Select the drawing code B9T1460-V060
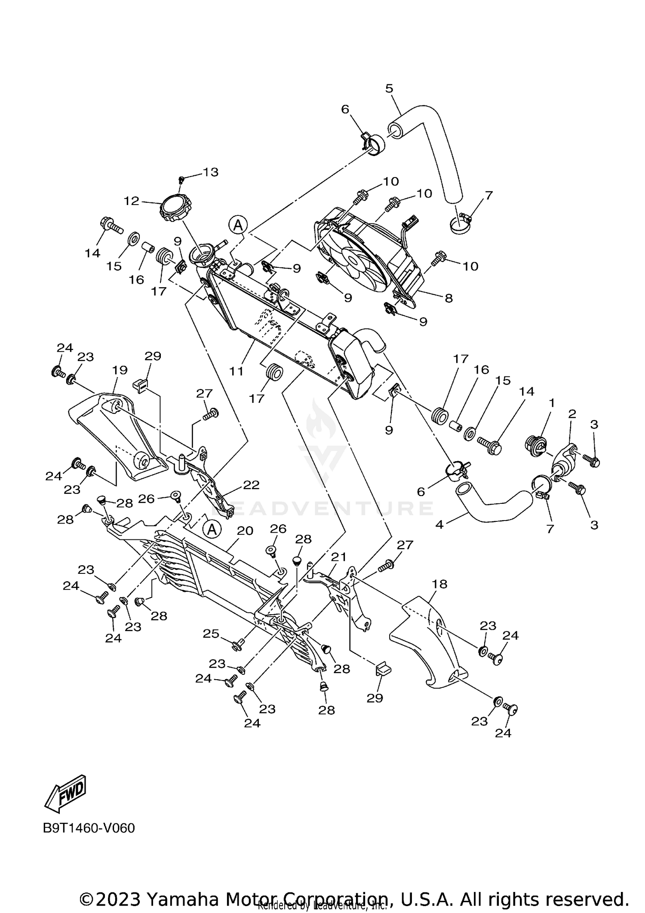pyautogui.click(x=89, y=828)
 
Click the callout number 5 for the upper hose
pyautogui.click(x=389, y=89)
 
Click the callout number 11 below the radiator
pyautogui.click(x=236, y=371)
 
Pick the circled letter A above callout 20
pyautogui.click(x=212, y=529)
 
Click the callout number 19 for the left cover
pyautogui.click(x=120, y=370)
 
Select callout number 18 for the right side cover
pyautogui.click(x=439, y=584)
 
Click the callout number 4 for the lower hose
pyautogui.click(x=439, y=524)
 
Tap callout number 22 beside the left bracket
pyautogui.click(x=251, y=485)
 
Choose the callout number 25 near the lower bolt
pyautogui.click(x=211, y=633)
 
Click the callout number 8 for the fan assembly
pyautogui.click(x=448, y=298)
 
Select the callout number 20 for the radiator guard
pyautogui.click(x=245, y=531)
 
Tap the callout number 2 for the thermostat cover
pyautogui.click(x=572, y=414)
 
